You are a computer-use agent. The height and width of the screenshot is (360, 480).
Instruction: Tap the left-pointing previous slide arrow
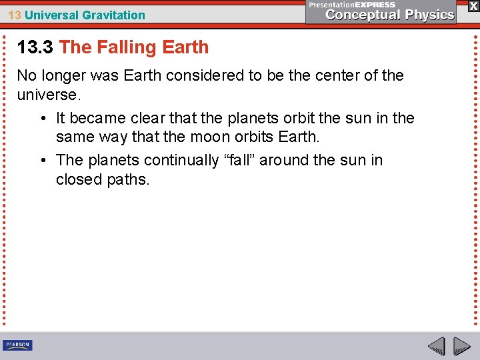[436, 347]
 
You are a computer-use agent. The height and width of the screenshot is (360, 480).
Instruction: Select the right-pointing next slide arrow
[461, 347]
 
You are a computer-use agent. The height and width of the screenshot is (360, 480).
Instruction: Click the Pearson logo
[17, 345]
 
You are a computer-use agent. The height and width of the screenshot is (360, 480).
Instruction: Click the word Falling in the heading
[124, 47]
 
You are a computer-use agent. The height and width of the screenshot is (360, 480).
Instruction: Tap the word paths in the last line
[129, 179]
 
